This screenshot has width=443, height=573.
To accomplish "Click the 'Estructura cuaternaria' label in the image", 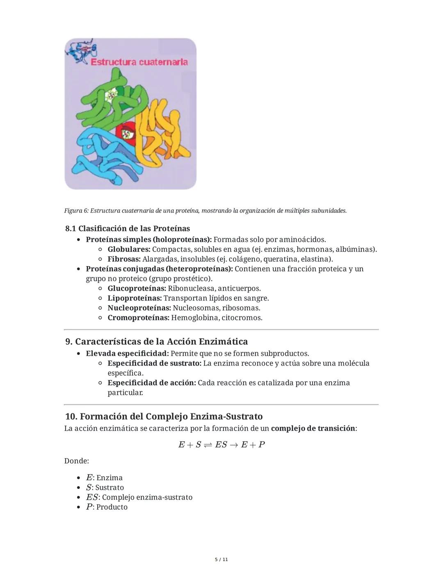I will pos(139,62).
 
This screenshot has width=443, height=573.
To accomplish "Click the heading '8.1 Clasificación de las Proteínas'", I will pos(127,228).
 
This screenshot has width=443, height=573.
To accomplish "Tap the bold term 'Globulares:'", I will pos(129,249).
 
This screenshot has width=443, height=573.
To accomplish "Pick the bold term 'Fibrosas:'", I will pos(124,259).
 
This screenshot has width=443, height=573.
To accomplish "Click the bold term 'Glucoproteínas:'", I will pos(137,288).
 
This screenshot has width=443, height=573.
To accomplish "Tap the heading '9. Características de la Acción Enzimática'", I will pos(156,342).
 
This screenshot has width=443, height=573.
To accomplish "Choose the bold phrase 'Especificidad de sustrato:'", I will pos(154,363).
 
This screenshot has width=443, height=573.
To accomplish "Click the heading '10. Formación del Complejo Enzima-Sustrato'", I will pos(164,416).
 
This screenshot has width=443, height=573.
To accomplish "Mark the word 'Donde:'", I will pos(77,461).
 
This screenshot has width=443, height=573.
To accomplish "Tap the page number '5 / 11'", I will pos(221,559).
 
